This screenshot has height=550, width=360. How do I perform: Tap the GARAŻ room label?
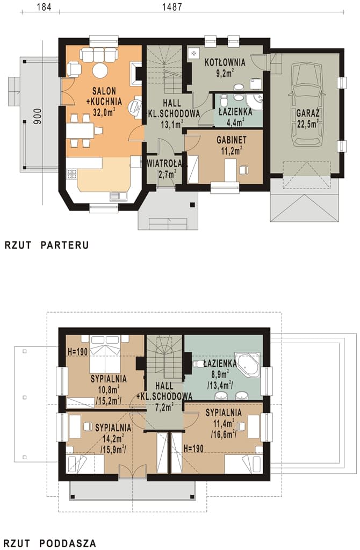click(x=307, y=113)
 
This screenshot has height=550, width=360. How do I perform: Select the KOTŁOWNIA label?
click(x=225, y=63)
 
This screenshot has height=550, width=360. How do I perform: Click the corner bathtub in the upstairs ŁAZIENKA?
click(x=248, y=365)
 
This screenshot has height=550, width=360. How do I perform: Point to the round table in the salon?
click(x=100, y=70)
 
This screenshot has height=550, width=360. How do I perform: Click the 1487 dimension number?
click(x=172, y=6)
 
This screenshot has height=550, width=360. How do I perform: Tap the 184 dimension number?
click(x=44, y=6)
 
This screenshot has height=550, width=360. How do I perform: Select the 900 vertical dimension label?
click(x=38, y=116)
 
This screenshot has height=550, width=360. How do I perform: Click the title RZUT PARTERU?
click(x=46, y=245)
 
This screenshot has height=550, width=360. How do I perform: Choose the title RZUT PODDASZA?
click(x=50, y=544)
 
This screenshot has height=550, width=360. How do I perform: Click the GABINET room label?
click(x=232, y=140)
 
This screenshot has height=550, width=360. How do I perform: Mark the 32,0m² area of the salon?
click(x=104, y=112)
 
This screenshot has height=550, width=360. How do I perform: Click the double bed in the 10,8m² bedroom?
click(x=105, y=353)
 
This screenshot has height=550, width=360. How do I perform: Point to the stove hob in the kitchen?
click(x=72, y=175)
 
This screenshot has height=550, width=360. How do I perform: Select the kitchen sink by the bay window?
click(x=119, y=197)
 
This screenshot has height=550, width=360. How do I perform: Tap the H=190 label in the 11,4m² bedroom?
click(x=193, y=448)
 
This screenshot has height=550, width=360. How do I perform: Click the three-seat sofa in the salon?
click(x=98, y=55)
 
